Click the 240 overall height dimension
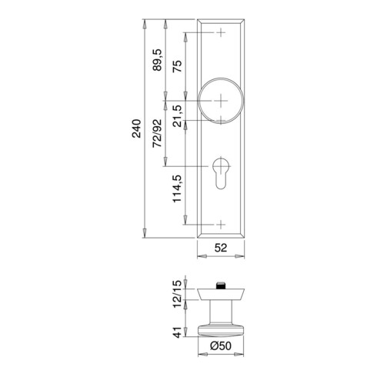pyautogui.click(x=137, y=128)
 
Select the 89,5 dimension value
pyautogui.click(x=158, y=60)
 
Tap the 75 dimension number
pyautogui.click(x=177, y=66)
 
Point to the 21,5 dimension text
pyautogui.click(x=177, y=116)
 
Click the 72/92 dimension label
pyautogui.click(x=158, y=133)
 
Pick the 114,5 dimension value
pyautogui.click(x=177, y=188)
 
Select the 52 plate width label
pyautogui.click(x=221, y=248)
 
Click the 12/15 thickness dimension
pyautogui.click(x=177, y=294)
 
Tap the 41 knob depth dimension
pyautogui.click(x=177, y=332)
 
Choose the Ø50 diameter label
pyautogui.click(x=221, y=345)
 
